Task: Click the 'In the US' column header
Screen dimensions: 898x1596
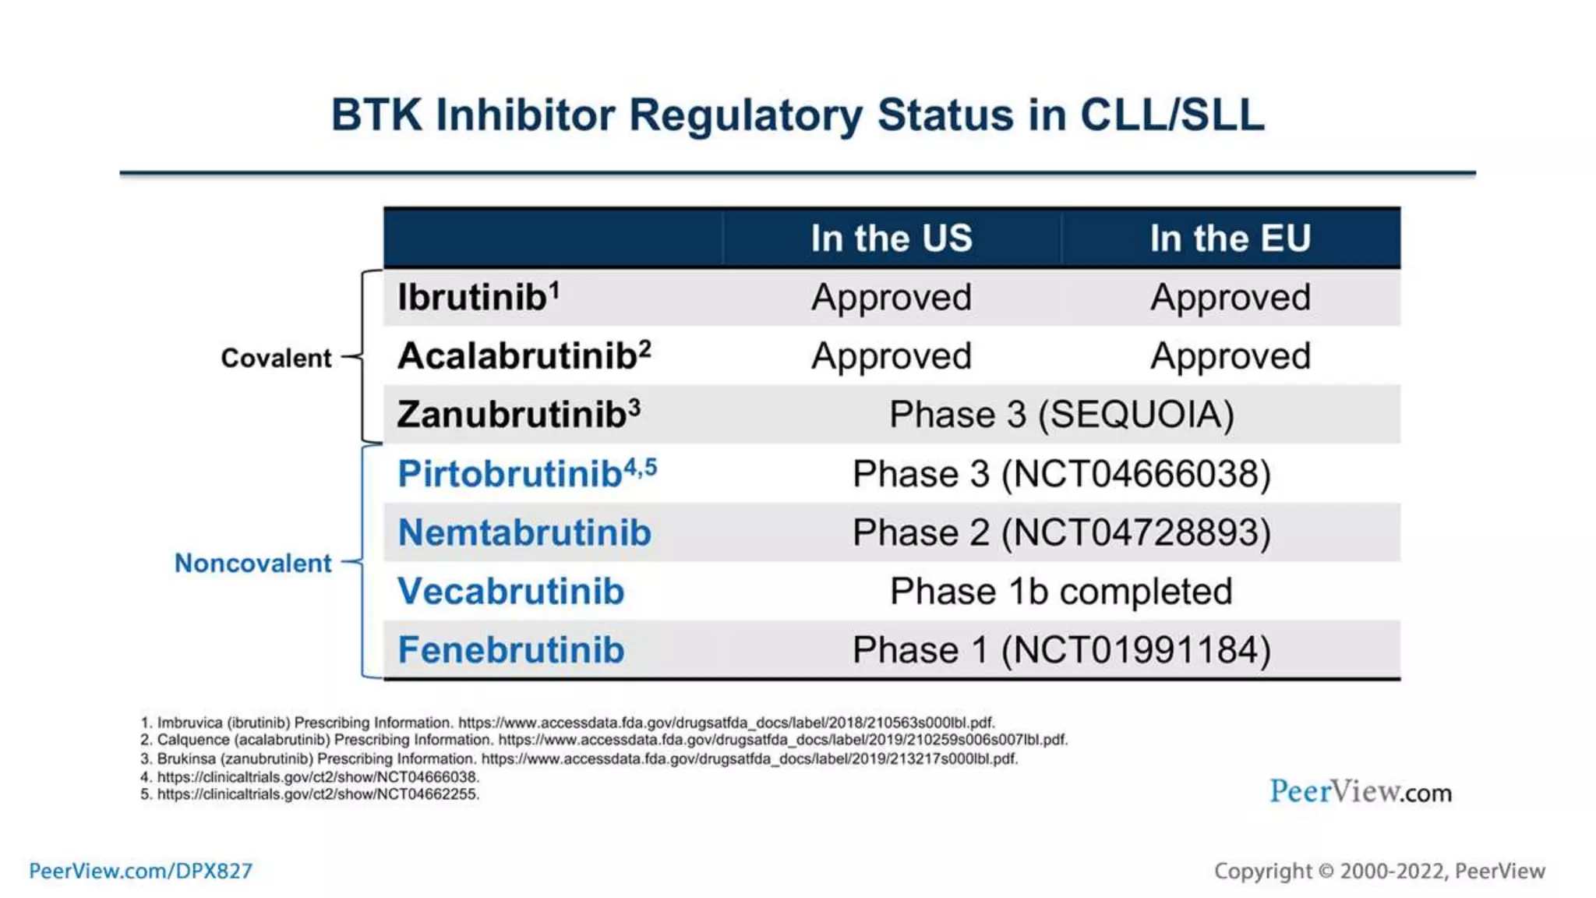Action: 892,238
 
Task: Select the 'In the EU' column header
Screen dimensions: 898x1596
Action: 1231,238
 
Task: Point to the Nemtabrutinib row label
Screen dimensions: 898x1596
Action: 524,532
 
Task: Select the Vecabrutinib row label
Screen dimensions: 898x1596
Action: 511,592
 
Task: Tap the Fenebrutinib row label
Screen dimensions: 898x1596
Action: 511,650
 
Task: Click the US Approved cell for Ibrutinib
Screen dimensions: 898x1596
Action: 892,297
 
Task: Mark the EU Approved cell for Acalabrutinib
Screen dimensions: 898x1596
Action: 1231,356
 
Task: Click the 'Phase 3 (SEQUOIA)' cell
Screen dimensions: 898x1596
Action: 1061,415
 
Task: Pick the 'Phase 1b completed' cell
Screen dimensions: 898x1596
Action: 1061,592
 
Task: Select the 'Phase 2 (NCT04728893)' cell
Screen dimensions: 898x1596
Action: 1061,532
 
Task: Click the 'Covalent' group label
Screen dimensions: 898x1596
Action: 276,358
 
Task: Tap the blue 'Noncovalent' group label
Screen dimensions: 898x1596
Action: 252,563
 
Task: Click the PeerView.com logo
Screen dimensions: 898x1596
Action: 1361,792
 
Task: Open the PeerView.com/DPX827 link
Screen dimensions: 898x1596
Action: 141,871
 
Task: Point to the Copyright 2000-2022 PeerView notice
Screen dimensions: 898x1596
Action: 1379,871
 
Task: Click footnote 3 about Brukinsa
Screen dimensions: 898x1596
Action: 579,758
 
